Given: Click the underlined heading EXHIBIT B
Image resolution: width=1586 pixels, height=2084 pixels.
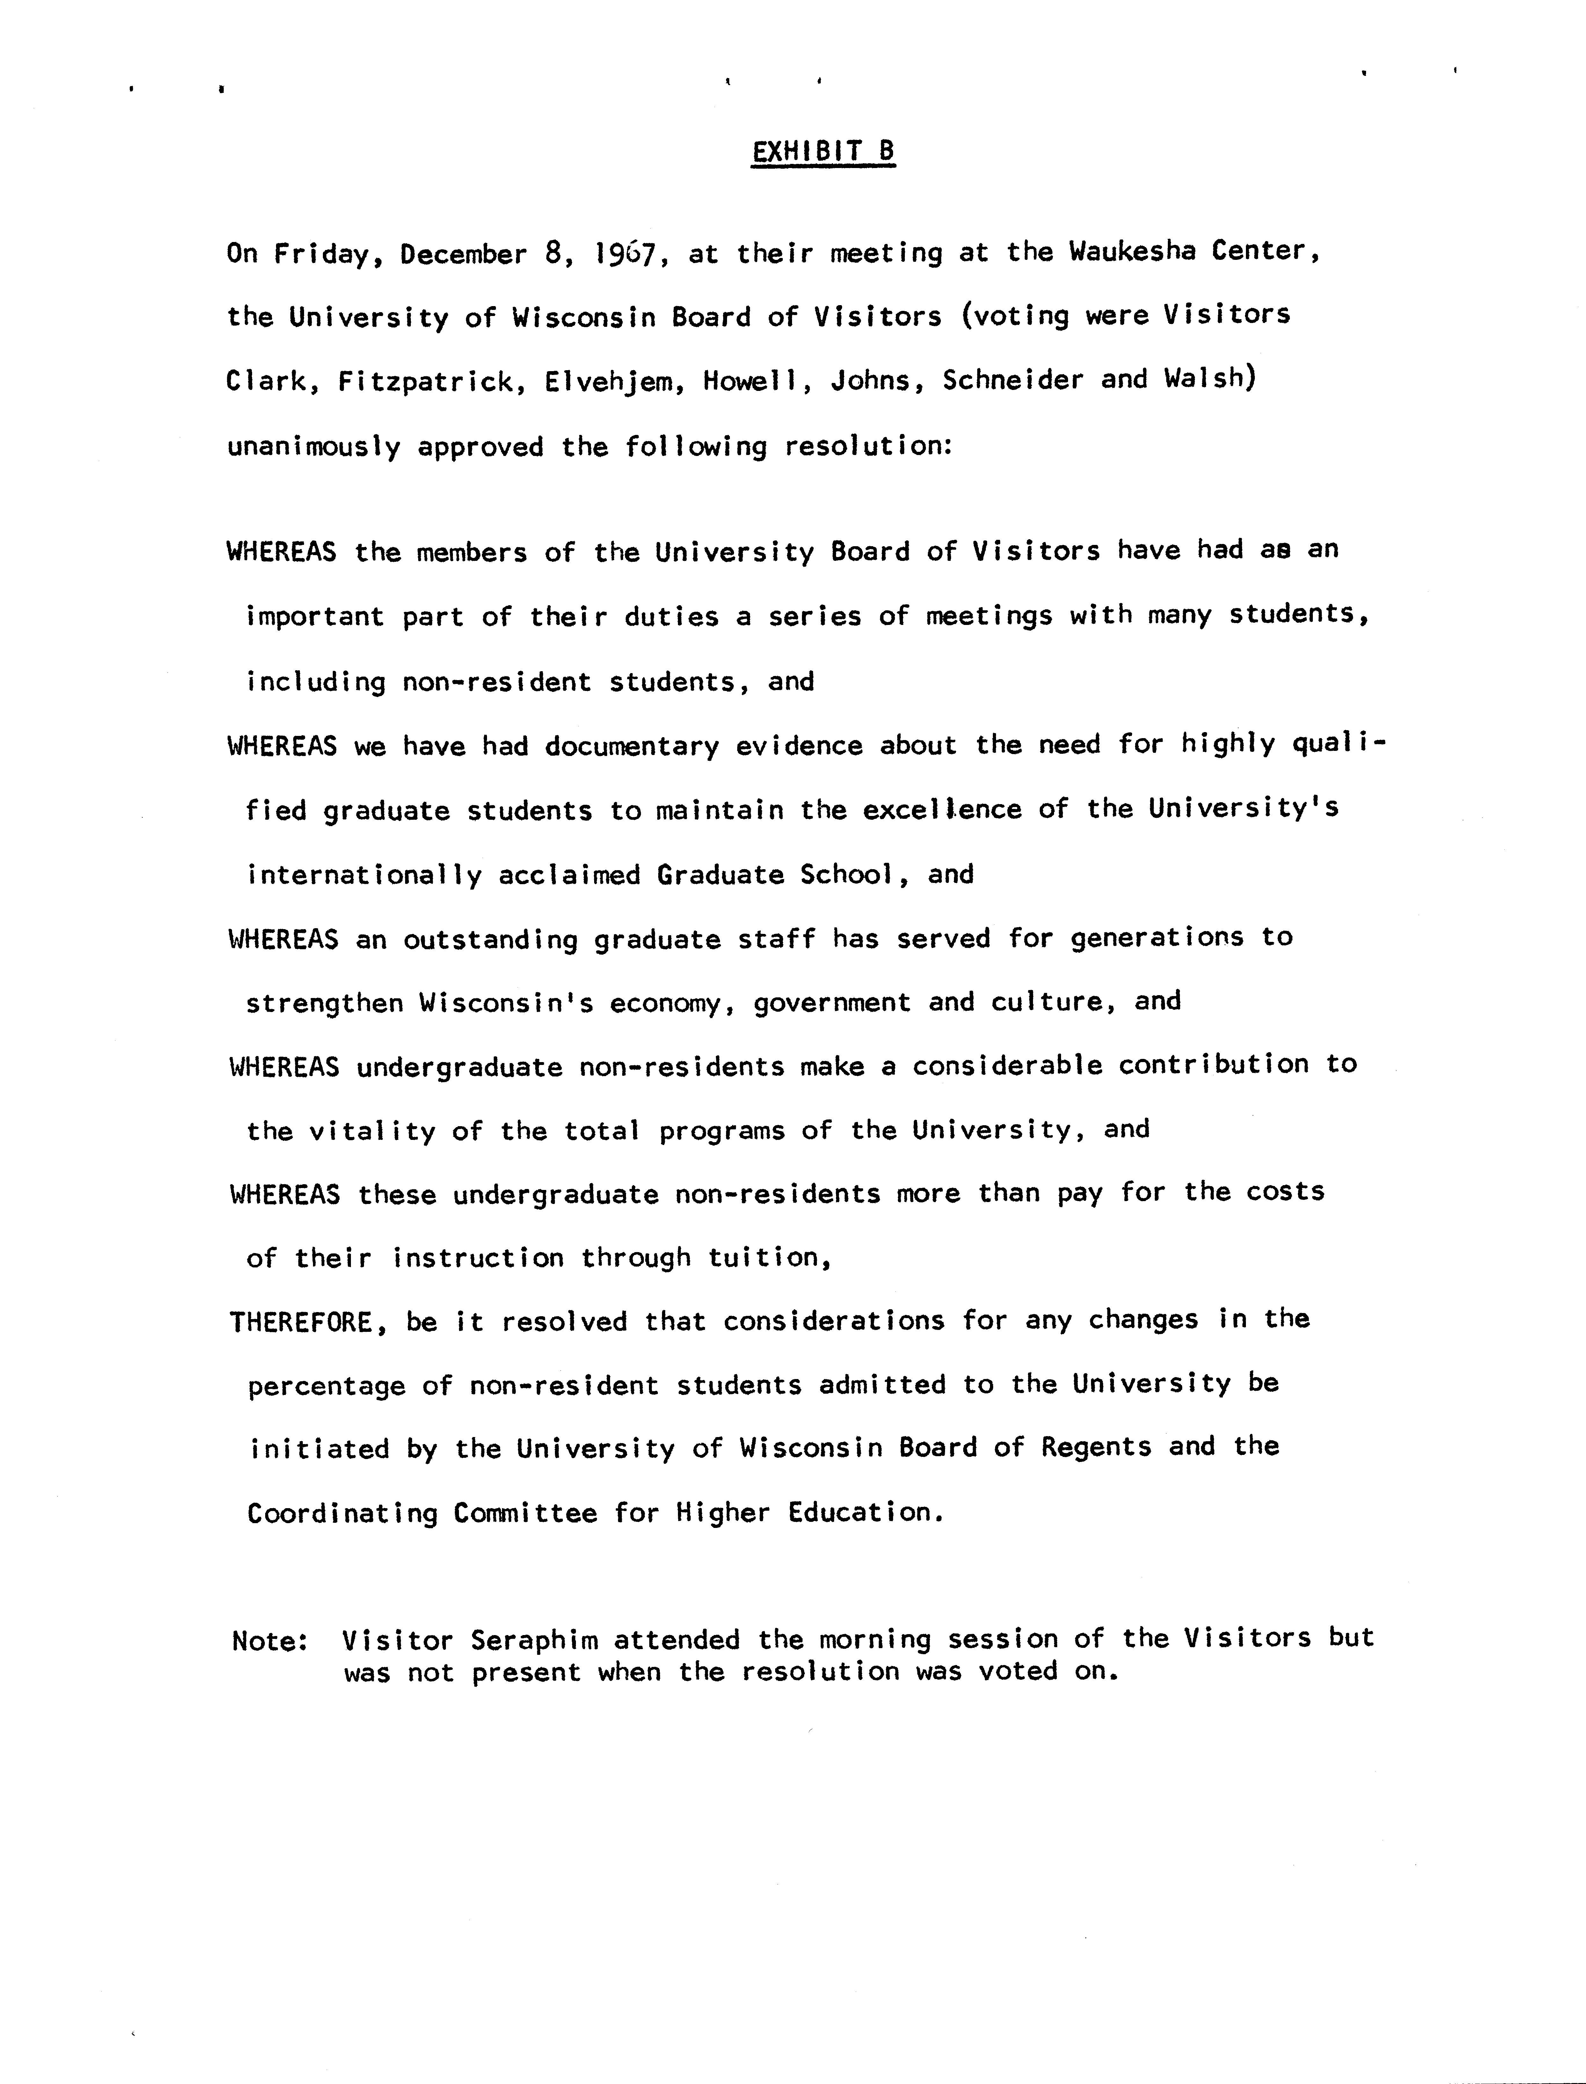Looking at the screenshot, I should point(822,152).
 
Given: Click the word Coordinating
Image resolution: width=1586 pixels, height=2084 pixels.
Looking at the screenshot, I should point(343,1514).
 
